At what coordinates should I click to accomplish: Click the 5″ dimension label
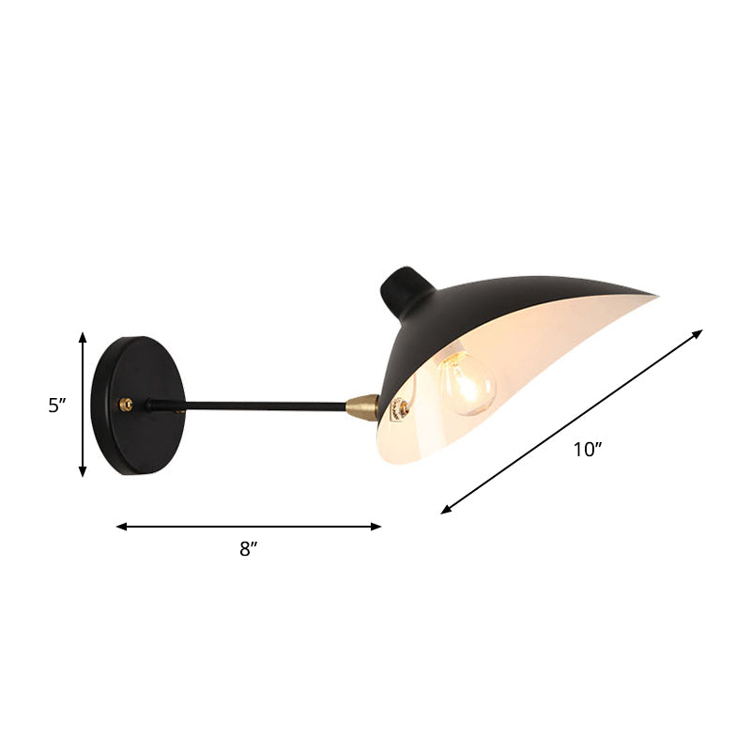pos(58,406)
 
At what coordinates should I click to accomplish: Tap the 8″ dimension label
pos(248,550)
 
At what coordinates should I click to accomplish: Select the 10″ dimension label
pos(588,449)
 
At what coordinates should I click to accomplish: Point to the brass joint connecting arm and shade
pos(362,406)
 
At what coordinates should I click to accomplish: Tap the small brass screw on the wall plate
pos(125,405)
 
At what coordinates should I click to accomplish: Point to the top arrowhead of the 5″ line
pos(83,336)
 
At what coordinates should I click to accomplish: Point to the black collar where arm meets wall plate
pos(152,406)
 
